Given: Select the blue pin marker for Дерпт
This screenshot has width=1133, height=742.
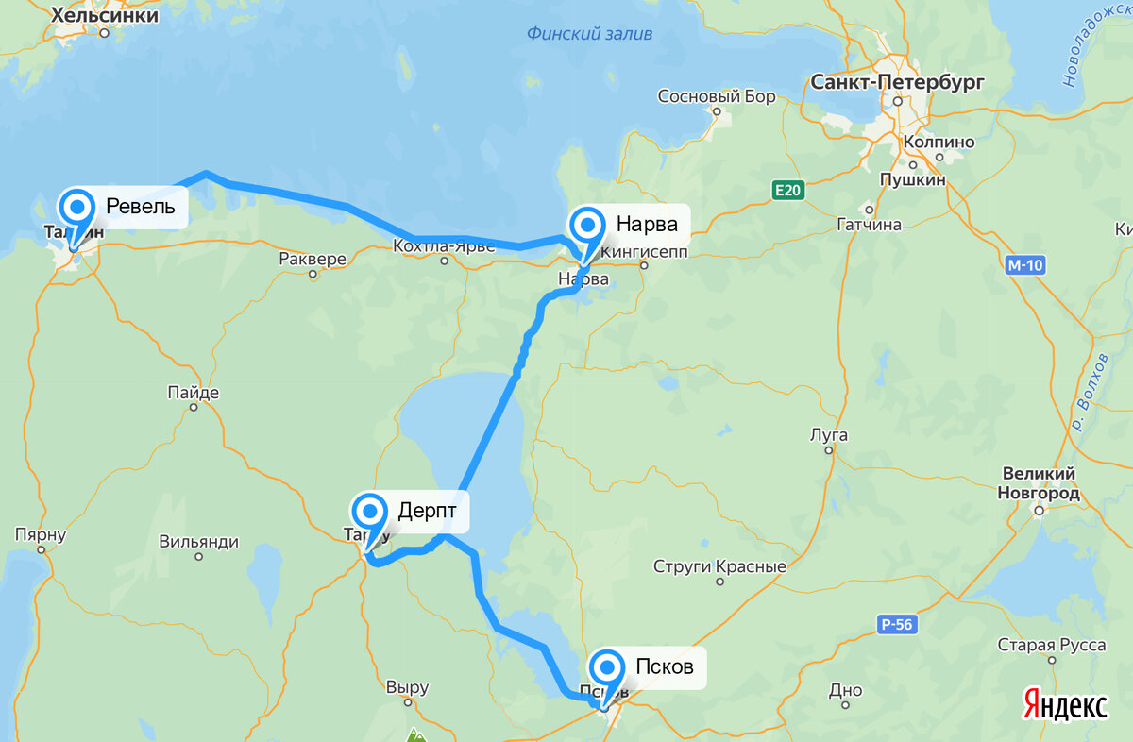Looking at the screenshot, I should pos(369,513).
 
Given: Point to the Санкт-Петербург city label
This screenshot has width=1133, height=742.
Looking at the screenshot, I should pos(897,82).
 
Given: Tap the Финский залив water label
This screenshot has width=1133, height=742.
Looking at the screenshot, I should pos(589,34).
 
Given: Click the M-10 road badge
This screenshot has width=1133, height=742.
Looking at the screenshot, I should pos(1024,265).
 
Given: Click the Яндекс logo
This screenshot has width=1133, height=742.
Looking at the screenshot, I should pos(1065,704).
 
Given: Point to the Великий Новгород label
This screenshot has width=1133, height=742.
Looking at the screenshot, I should pos(1038,482).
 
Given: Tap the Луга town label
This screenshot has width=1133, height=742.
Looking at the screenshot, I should pos(829,435).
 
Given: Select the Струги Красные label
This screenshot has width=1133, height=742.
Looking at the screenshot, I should pos(719,567).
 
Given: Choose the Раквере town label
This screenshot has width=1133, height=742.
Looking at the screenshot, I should pos(313,259).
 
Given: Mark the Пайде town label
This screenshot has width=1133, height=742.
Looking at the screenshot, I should pos(194,393).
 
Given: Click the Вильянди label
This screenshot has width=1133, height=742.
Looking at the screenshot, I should pos(198,542).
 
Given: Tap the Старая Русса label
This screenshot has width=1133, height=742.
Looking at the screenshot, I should pos(1052,646).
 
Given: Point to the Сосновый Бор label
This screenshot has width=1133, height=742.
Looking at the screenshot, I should pos(716,96).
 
